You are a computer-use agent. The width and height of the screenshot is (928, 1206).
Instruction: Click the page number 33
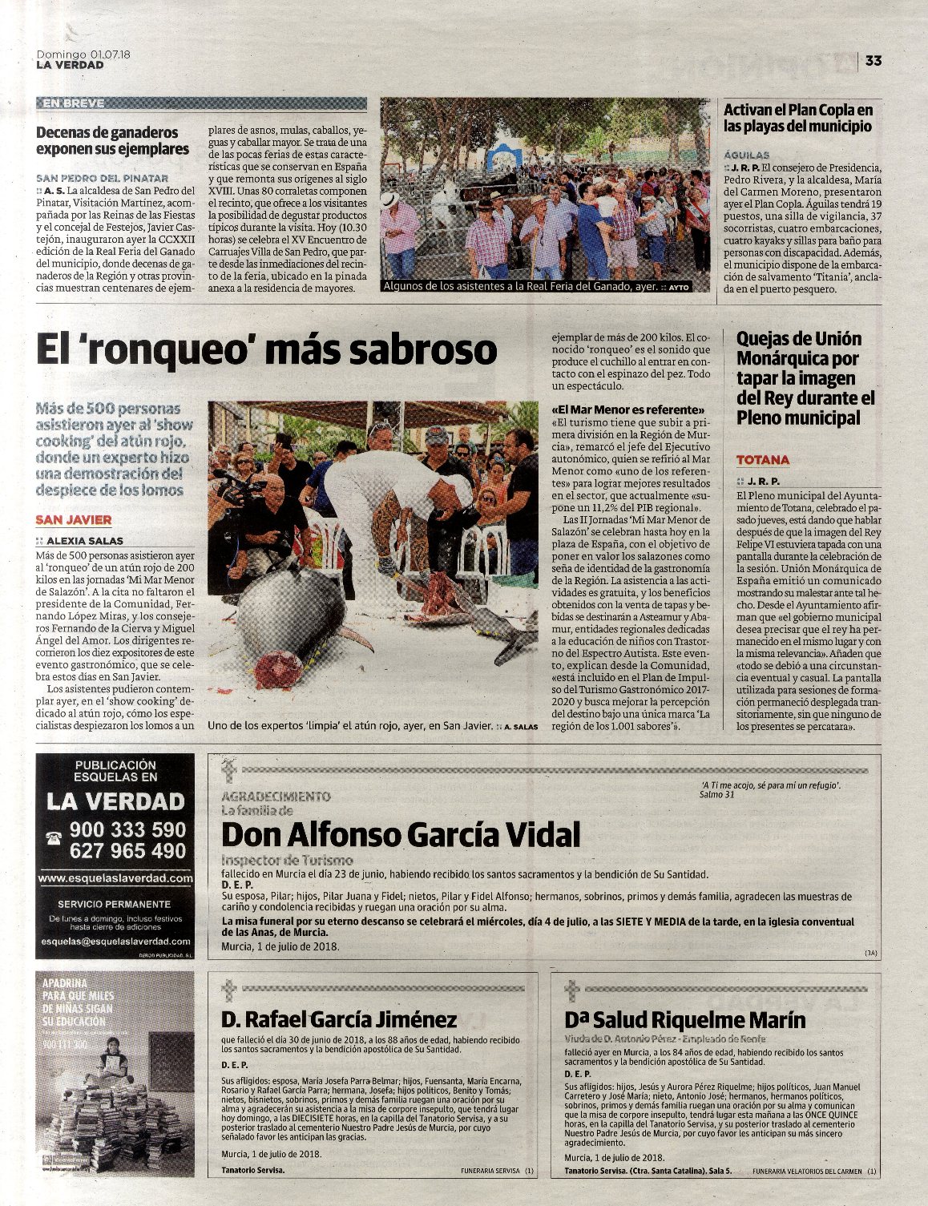(x=874, y=61)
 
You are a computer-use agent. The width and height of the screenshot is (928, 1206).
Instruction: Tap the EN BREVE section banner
(x=73, y=103)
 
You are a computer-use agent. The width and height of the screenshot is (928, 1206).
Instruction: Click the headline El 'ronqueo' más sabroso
(x=267, y=350)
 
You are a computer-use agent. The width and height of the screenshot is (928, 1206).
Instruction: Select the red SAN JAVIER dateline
(x=74, y=520)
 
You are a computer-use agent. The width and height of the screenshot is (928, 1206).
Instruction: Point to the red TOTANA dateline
(x=763, y=460)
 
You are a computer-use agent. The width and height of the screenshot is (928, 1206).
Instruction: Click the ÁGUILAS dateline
(x=746, y=155)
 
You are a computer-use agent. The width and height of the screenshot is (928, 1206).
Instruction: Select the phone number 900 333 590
(x=127, y=829)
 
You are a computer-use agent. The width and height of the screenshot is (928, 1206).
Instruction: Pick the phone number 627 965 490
(x=127, y=851)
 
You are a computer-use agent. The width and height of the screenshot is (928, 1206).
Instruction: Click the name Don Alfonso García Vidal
(x=400, y=836)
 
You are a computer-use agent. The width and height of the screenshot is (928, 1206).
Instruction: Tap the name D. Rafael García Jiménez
(x=339, y=1019)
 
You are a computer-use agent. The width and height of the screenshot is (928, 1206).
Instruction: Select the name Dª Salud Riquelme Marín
(x=685, y=1020)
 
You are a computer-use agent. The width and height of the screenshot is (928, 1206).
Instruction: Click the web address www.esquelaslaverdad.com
(x=115, y=878)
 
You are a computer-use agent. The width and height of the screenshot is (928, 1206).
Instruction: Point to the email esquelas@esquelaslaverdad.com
(x=115, y=941)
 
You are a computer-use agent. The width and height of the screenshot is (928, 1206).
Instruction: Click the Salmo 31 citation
(x=716, y=795)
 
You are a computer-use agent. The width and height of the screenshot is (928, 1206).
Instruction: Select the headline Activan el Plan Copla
(x=797, y=118)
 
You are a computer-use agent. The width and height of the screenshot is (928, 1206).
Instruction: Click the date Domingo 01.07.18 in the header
(x=83, y=54)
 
